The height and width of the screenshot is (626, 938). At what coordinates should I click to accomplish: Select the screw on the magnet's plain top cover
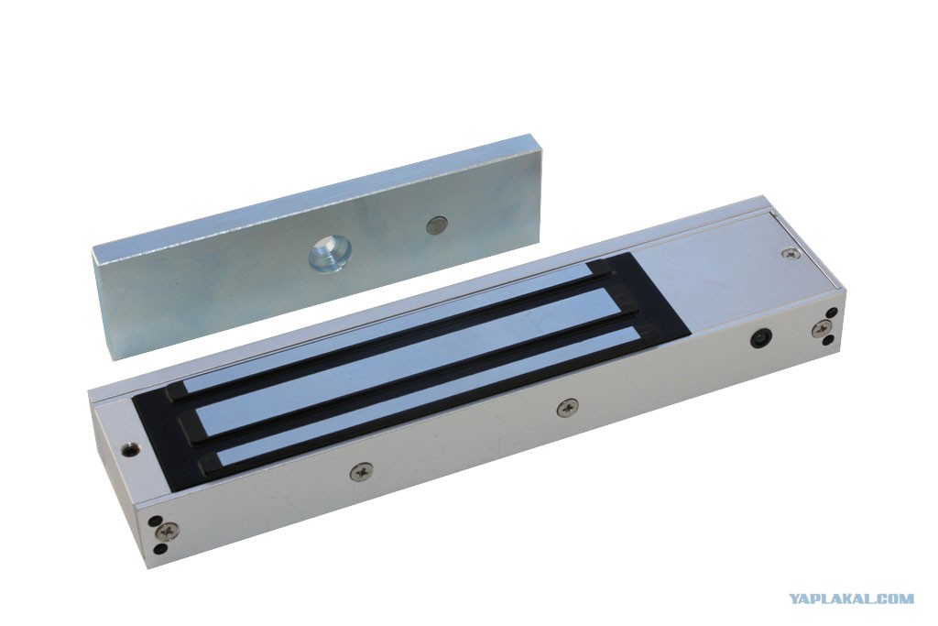coord(791,254)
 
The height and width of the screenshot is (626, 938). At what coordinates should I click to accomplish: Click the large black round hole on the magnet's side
coord(760,338)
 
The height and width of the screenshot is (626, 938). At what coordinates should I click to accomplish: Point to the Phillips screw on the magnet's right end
coord(822,327)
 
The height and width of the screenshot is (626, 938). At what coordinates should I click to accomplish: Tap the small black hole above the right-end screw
coord(832,313)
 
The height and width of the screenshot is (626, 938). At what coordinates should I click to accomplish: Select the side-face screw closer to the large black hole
coord(567,409)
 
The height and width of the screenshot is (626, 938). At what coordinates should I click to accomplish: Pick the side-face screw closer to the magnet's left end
coord(361,473)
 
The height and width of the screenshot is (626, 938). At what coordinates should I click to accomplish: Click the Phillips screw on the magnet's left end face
coord(168,532)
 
